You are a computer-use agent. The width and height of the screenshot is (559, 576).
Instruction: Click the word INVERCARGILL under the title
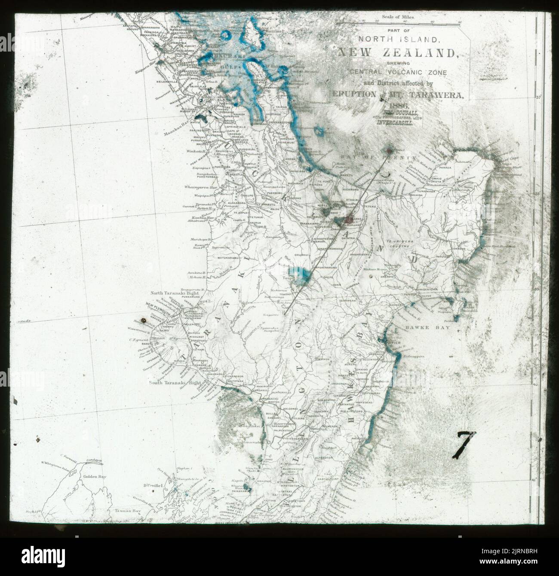pyautogui.click(x=396, y=122)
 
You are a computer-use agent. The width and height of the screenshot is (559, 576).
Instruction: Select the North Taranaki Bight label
pyautogui.click(x=173, y=293)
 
